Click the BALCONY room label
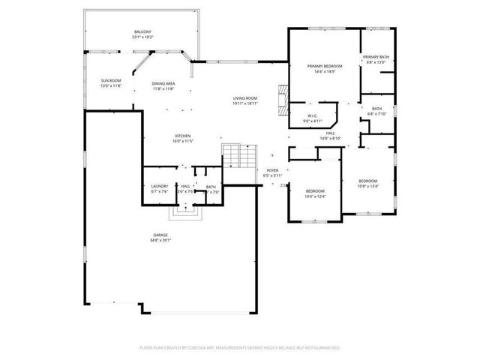(142, 31)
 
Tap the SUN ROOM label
(110, 80)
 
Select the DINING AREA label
(163, 83)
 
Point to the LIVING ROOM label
(245, 98)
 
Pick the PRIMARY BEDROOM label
(325, 66)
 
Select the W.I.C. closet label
(312, 116)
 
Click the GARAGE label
(161, 235)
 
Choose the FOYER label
(272, 170)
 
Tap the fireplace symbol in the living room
(282, 97)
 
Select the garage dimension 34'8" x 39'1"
(161, 241)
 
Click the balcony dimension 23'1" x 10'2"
(142, 37)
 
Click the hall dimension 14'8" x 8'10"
(331, 138)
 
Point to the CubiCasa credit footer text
(240, 347)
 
